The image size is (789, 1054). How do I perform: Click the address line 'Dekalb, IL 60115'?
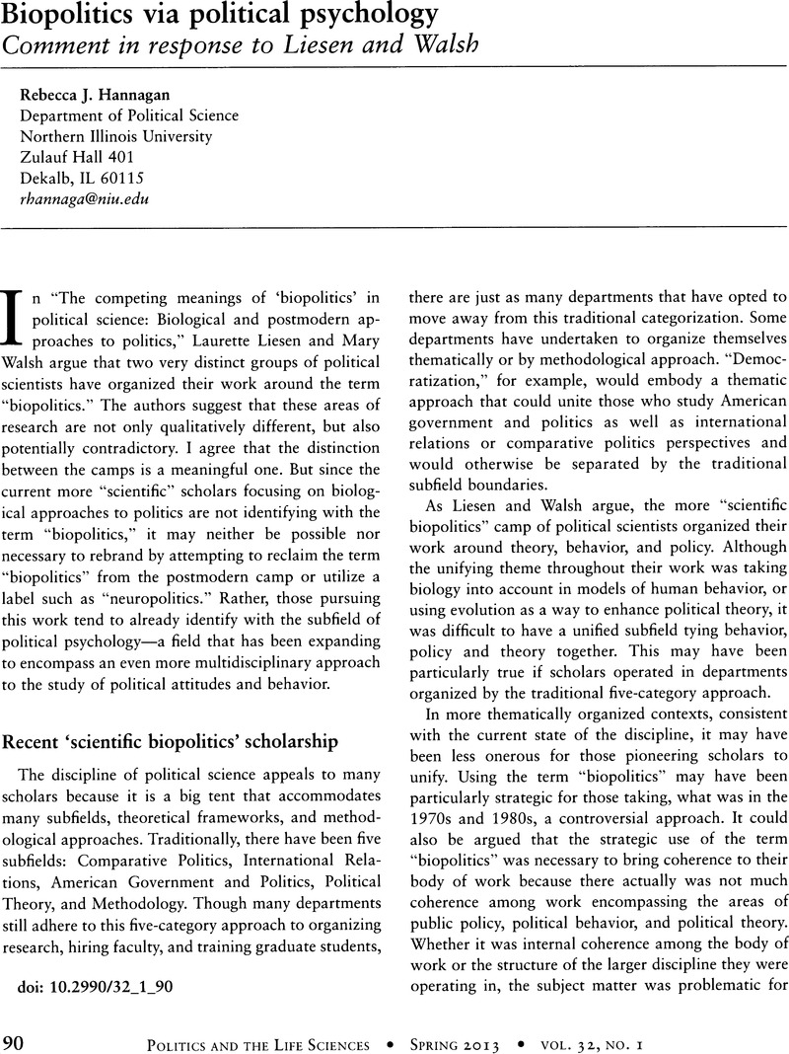(82, 178)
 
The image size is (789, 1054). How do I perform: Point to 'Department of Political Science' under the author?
(128, 115)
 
